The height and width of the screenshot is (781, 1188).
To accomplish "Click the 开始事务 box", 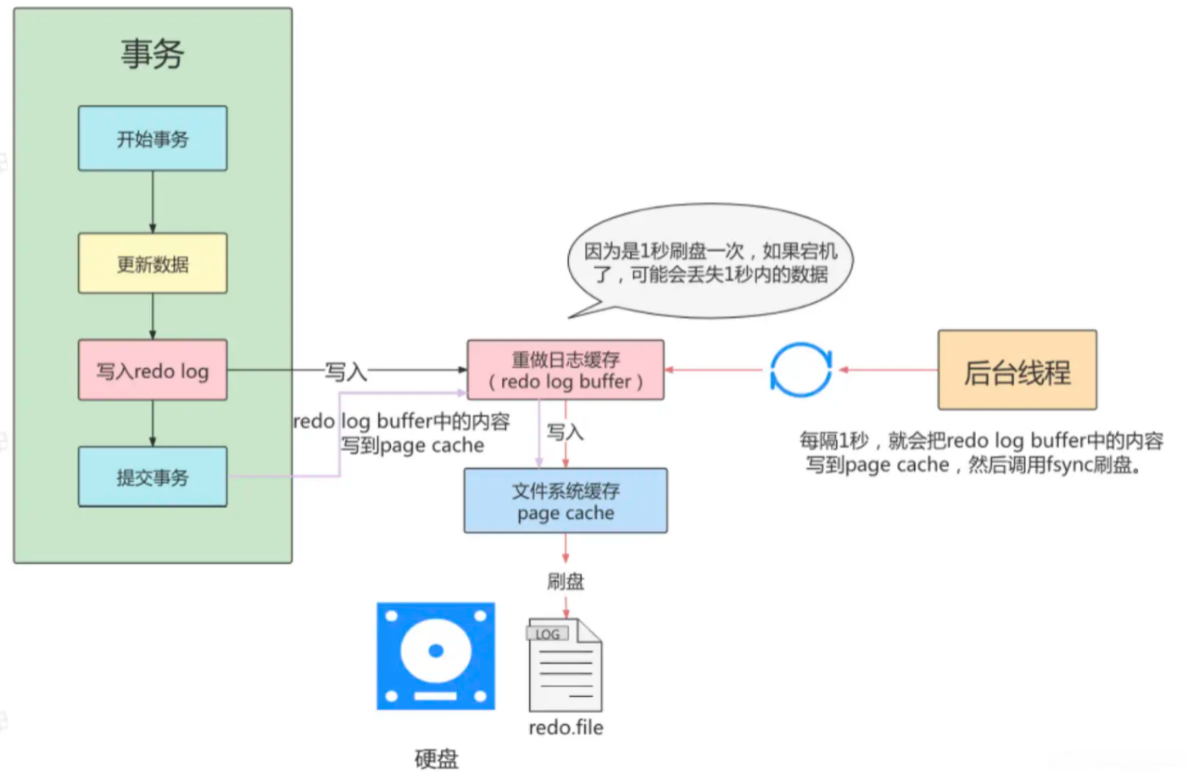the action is click(x=153, y=138).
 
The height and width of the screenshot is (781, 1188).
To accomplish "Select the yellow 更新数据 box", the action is click(x=153, y=264).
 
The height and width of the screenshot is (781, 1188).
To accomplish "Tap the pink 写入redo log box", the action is click(x=153, y=370).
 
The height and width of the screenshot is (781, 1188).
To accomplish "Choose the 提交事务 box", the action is click(x=153, y=477).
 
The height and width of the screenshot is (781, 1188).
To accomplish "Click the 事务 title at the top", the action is click(x=153, y=54).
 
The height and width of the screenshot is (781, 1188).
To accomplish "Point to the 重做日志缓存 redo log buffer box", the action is click(x=566, y=370).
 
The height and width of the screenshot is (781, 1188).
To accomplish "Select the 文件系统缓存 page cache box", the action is click(x=566, y=500).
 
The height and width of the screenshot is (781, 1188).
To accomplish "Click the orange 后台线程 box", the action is click(x=1018, y=370).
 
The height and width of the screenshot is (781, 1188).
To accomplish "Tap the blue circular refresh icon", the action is click(x=800, y=370).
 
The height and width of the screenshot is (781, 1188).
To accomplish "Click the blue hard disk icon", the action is click(x=436, y=655).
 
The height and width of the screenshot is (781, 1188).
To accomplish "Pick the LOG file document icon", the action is click(x=564, y=665).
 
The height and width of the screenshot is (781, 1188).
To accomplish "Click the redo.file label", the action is click(x=566, y=728).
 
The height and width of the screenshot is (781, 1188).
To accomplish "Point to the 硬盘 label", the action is click(x=437, y=759).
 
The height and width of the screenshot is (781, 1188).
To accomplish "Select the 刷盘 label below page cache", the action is click(x=566, y=583).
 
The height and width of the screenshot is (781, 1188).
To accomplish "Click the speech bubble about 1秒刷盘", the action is click(x=711, y=261).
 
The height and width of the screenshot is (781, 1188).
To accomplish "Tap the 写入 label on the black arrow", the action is click(x=346, y=371).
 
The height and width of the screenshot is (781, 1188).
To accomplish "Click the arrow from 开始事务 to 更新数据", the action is click(x=153, y=202).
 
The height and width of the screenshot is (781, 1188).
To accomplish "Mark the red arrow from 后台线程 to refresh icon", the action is click(x=889, y=370).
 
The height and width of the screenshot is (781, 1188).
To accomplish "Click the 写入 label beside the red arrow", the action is click(x=565, y=432).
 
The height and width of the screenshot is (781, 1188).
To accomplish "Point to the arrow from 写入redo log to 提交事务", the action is click(x=153, y=423).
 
